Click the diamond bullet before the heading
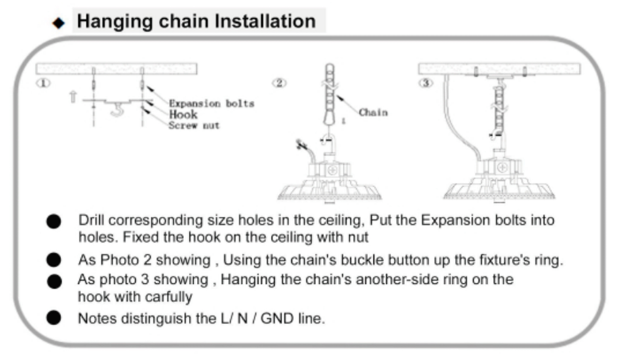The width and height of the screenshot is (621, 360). pyautogui.click(x=58, y=23)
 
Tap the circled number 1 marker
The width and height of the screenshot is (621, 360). pyautogui.click(x=43, y=83)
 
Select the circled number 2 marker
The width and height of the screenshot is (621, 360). pyautogui.click(x=279, y=83)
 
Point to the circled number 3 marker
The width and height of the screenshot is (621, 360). pyautogui.click(x=425, y=83)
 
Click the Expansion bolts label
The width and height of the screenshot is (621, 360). pyautogui.click(x=211, y=103)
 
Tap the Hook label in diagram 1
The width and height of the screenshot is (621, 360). pyautogui.click(x=183, y=115)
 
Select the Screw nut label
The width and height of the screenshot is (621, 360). pyautogui.click(x=194, y=125)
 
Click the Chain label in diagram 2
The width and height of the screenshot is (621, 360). pyautogui.click(x=373, y=113)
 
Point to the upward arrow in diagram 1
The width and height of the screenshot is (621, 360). pyautogui.click(x=73, y=97)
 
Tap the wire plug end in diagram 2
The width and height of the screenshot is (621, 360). pyautogui.click(x=301, y=145)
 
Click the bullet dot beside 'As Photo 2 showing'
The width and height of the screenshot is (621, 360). pyautogui.click(x=54, y=260)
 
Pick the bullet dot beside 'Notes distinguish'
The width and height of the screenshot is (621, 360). pyautogui.click(x=54, y=318)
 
